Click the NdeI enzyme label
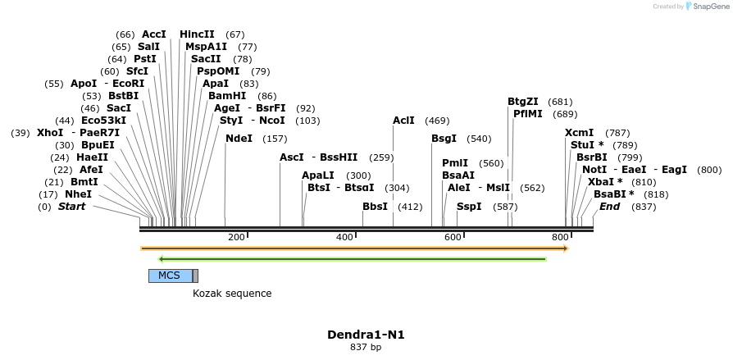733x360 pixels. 239,139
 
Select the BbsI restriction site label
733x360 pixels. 375,207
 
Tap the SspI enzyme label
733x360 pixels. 470,207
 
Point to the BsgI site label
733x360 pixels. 444,139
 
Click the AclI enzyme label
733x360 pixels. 403,121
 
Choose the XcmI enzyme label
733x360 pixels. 579,133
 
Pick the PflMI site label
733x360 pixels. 528,114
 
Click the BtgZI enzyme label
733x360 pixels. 522,102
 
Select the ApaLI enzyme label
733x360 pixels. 318,175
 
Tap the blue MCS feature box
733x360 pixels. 170,276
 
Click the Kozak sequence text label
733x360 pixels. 232,294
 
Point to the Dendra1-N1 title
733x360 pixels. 366,335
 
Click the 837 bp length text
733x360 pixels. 366,348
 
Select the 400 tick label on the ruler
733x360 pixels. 344,238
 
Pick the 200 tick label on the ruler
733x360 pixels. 236,238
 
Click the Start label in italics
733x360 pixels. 71,207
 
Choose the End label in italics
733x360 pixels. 609,207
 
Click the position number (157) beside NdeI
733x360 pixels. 275,139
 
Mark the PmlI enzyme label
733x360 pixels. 455,163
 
